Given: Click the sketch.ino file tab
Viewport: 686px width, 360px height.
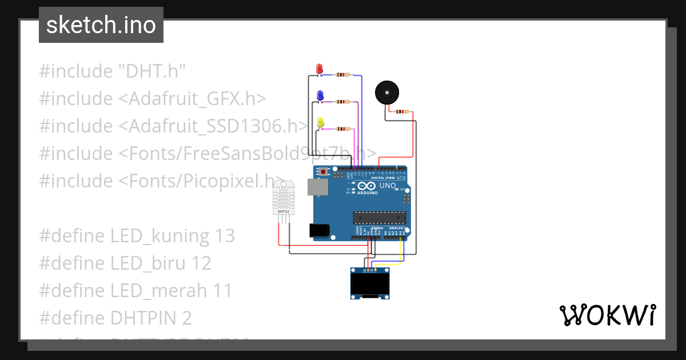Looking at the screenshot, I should tap(101, 25).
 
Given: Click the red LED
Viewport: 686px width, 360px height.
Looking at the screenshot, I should tap(320, 69).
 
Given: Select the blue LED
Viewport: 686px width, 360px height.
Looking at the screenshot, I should tap(320, 95).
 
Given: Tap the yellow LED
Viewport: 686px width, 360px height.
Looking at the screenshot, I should tap(321, 122).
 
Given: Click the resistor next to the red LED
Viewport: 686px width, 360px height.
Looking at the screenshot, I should tap(343, 74).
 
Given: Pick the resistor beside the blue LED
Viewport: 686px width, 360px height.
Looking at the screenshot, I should tap(343, 102).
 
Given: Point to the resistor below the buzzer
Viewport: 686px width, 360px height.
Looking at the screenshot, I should tap(403, 111).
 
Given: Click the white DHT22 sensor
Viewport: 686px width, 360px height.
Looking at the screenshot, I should tap(284, 197).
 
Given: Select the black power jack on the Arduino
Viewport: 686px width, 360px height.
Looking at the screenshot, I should tap(319, 230).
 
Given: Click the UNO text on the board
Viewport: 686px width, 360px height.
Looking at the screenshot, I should tap(388, 186).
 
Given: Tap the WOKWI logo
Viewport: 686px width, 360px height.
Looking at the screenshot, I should tap(607, 315).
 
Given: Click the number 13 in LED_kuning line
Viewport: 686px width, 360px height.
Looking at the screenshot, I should tap(225, 235).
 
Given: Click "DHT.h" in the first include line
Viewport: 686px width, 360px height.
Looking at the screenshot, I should tap(152, 71).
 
